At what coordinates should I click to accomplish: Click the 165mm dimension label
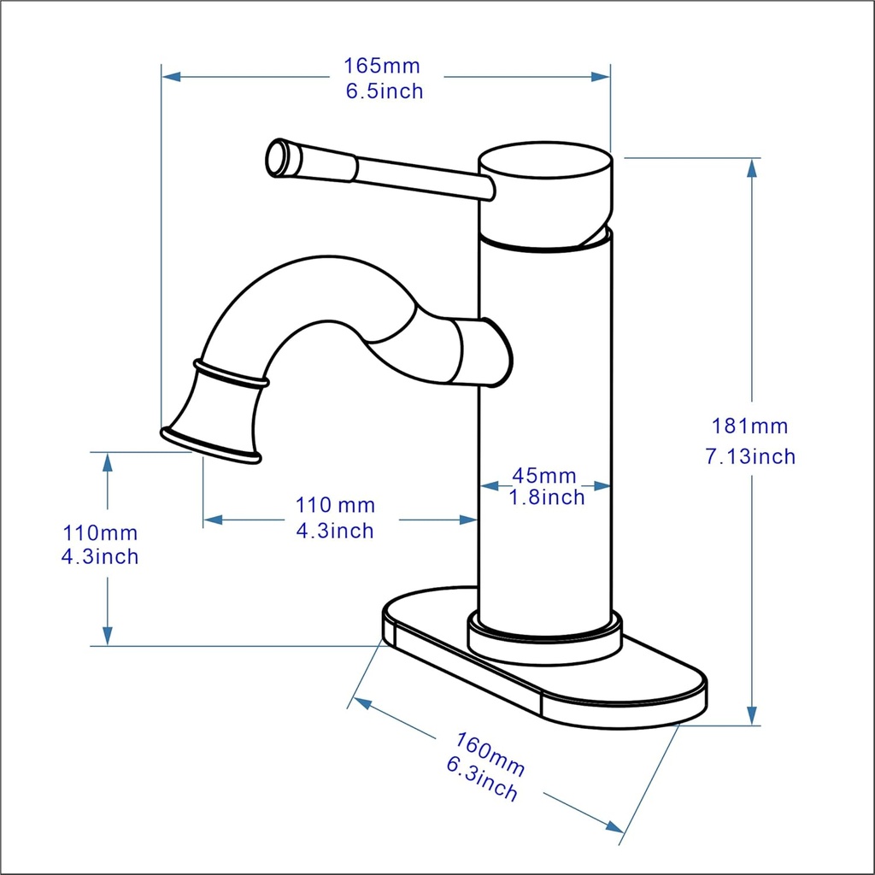[382, 66]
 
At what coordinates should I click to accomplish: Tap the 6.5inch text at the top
[385, 91]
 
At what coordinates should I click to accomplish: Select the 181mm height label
[749, 426]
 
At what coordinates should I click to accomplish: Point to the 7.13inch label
[749, 456]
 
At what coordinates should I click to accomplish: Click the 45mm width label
[544, 475]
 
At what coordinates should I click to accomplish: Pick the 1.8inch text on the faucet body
[547, 497]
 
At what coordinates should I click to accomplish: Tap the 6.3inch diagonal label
[482, 779]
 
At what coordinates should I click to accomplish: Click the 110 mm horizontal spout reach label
[335, 506]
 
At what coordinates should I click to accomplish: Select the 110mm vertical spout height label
[100, 533]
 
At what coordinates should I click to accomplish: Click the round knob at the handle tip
[279, 158]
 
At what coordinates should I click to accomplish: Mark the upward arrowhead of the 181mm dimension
[752, 167]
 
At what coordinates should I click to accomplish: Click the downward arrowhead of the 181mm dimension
[752, 716]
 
